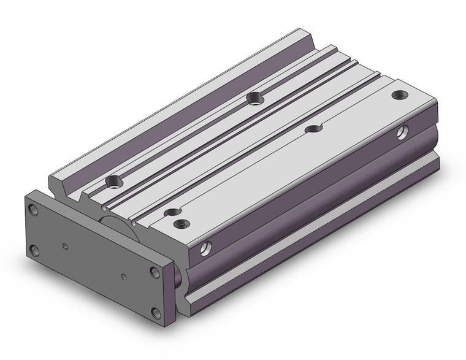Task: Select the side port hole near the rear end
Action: pos(402,131)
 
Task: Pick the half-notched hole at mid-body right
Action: pos(315,128)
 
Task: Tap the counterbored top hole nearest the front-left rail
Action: pos(114,181)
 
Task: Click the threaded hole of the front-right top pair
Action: pos(181,223)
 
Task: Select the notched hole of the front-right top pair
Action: pos(171,213)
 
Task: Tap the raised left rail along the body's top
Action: pos(184,104)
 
